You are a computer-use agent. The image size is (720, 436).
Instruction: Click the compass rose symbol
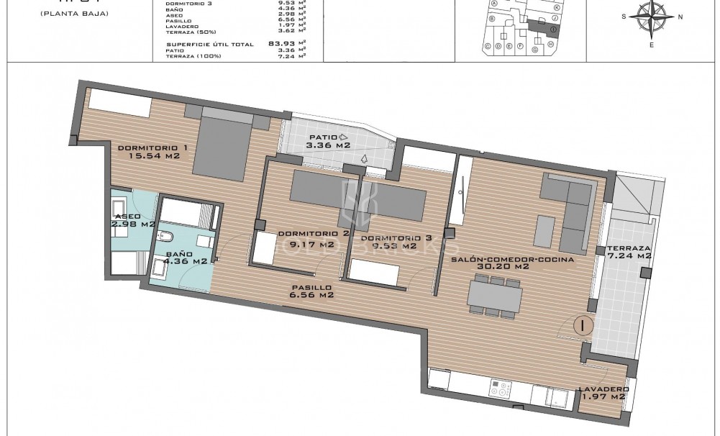pos(652,18)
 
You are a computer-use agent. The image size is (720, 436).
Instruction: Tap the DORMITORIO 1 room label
pos(152,148)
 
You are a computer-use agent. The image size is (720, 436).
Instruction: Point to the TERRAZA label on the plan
pos(629,247)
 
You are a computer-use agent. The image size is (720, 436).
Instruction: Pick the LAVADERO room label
pos(604,389)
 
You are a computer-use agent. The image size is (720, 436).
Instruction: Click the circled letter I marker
pos(583,325)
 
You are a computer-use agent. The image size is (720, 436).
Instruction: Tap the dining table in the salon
pos(494,295)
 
